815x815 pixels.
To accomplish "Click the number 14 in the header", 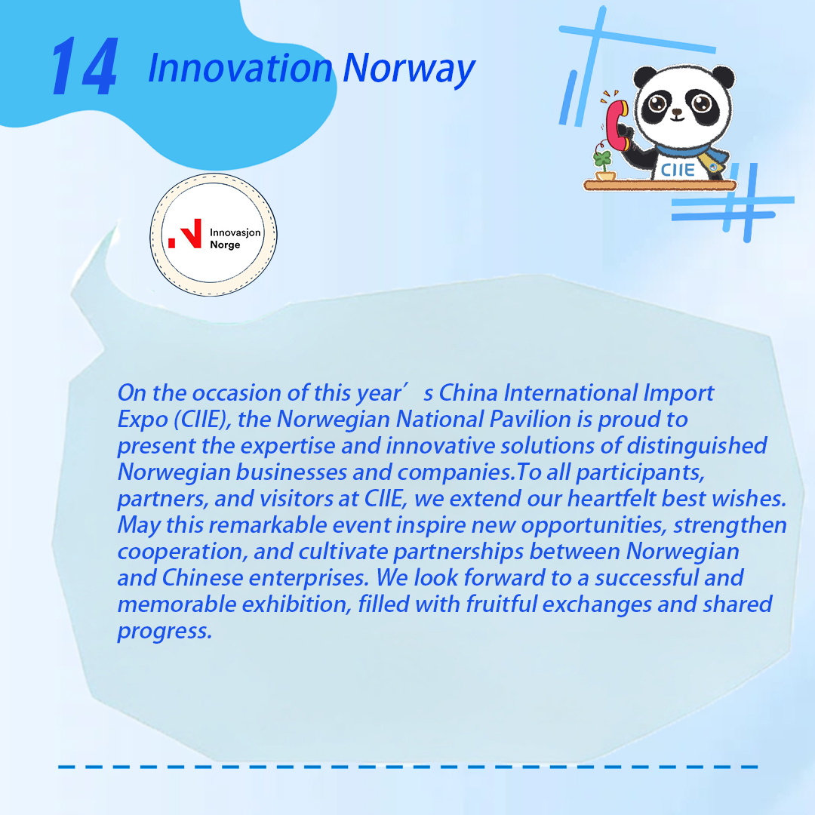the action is pos(85,66).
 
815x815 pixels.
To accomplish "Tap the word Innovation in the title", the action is pos(240,68).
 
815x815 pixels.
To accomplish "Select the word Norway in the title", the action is pos(409,70).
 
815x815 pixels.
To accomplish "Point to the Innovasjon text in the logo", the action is pos(235,232).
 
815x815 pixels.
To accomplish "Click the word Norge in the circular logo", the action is pos(225,244).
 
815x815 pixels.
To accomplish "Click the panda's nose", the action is pos(677,111).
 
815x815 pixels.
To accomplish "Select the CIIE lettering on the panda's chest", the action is pos(677,170).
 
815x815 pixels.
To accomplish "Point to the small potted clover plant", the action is pos(604,165).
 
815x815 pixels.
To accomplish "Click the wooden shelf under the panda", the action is pos(660,185).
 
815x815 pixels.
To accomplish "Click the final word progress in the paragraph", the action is pos(165,632).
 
